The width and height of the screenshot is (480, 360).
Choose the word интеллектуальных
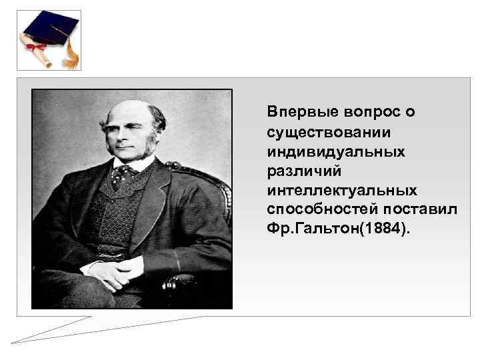coord(343,191)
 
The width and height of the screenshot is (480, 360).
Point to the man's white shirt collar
coord(140,164)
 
